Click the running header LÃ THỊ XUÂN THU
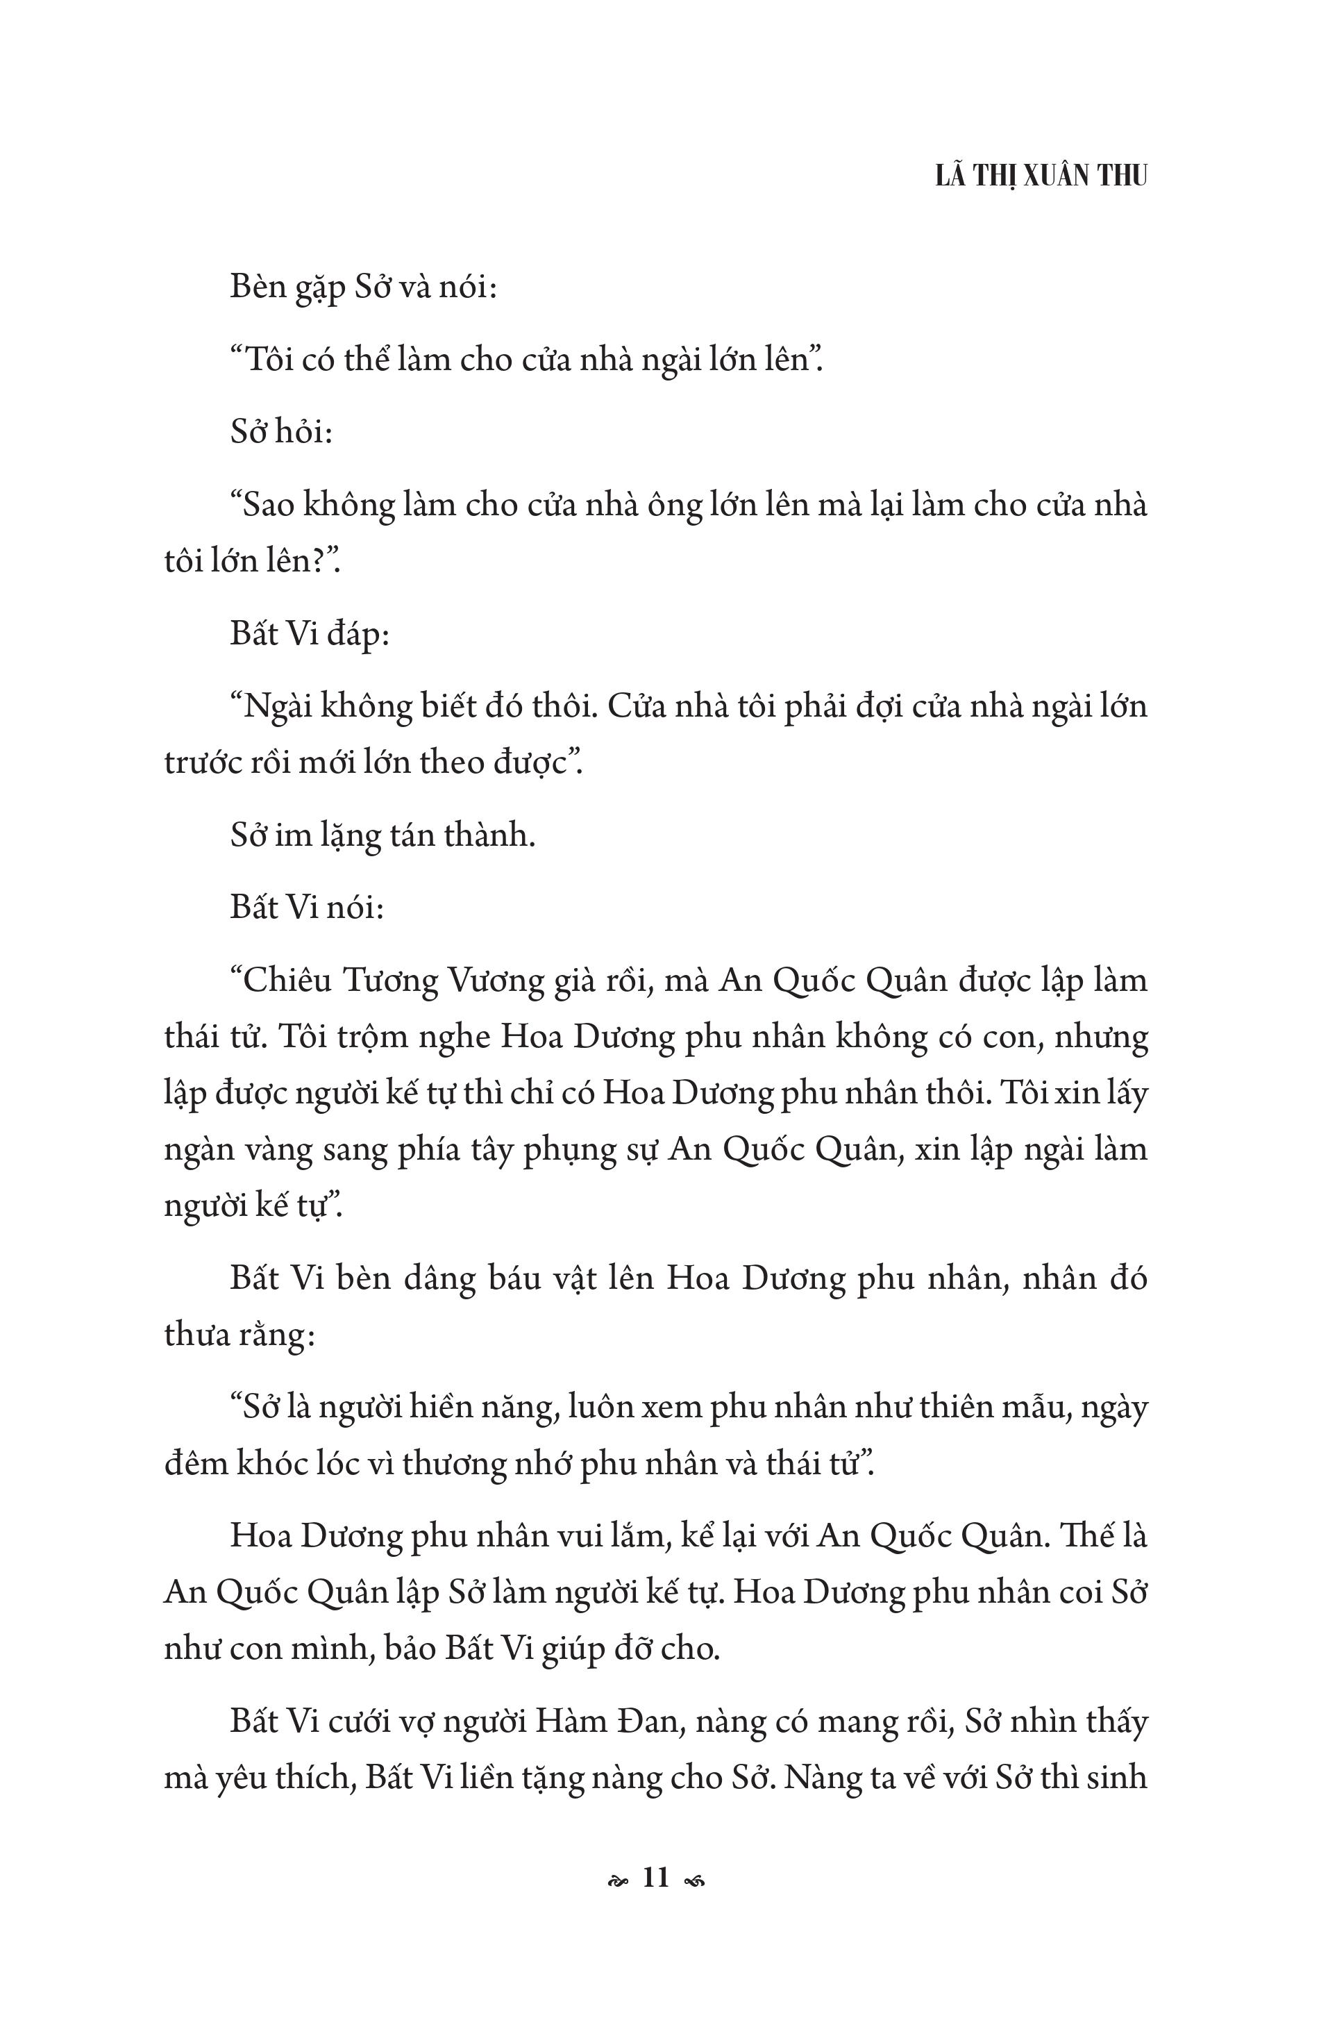point(1041,175)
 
